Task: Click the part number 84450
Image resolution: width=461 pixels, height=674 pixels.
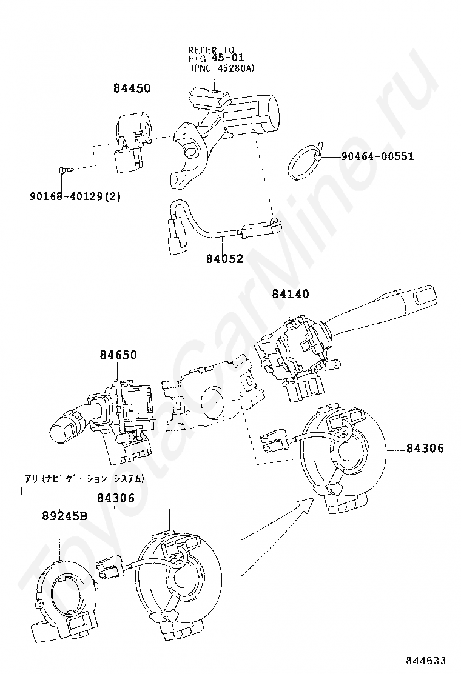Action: [132, 88]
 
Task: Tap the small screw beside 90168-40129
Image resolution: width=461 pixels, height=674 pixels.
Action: [64, 171]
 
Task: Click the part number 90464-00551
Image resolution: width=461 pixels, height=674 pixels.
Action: [377, 156]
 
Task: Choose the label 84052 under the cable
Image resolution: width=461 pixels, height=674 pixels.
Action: [224, 259]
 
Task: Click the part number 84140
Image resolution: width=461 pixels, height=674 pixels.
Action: [291, 295]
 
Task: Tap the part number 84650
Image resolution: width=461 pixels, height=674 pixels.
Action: [119, 355]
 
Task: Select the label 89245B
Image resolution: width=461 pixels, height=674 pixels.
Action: [65, 516]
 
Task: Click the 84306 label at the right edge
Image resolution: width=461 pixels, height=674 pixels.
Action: [425, 449]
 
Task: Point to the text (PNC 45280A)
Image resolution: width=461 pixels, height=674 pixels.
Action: [222, 68]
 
